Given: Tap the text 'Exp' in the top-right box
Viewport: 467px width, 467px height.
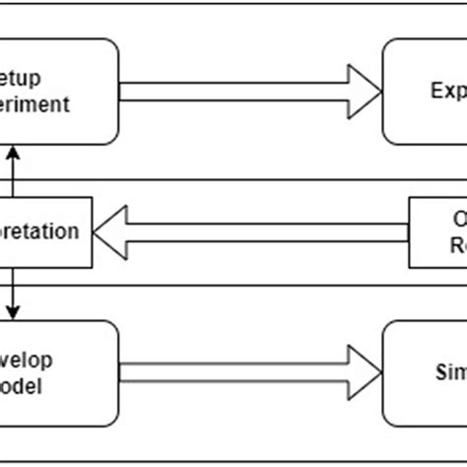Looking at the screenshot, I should tap(447, 92).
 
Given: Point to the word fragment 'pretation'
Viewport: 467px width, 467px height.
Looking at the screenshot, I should tap(40, 233).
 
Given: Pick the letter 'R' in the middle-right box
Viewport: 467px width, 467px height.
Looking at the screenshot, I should tap(459, 245).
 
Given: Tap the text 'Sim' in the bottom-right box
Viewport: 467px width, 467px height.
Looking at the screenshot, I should tap(449, 372).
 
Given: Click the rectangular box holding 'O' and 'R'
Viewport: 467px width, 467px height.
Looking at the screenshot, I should tap(437, 233).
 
